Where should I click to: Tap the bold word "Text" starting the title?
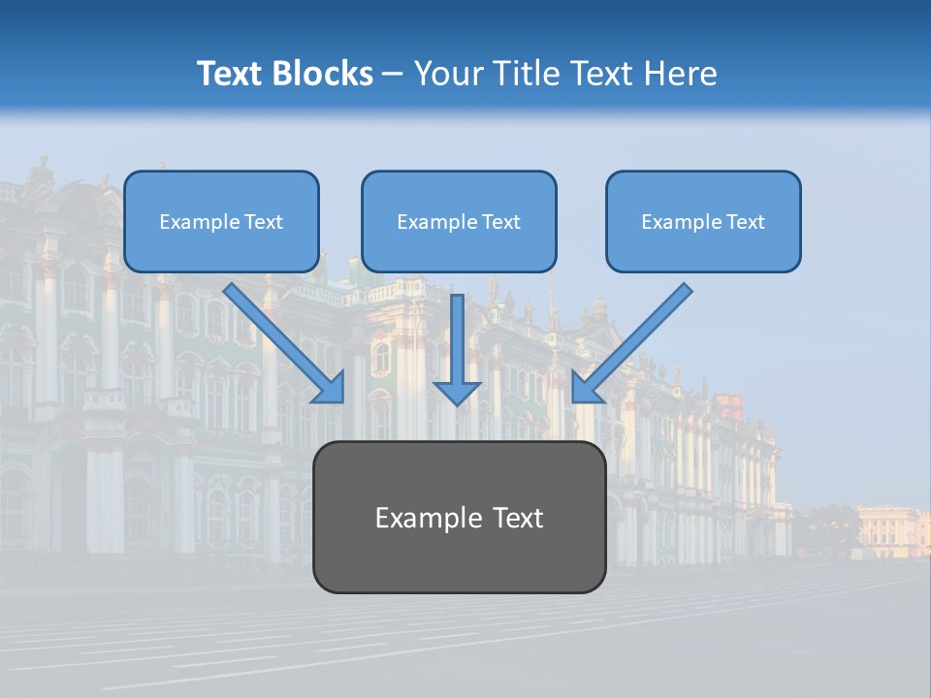(232, 74)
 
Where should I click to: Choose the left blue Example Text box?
(221, 222)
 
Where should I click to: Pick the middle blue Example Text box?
(459, 222)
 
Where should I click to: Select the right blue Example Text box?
(703, 222)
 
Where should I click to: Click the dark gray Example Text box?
(459, 518)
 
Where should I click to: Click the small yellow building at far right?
(892, 530)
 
